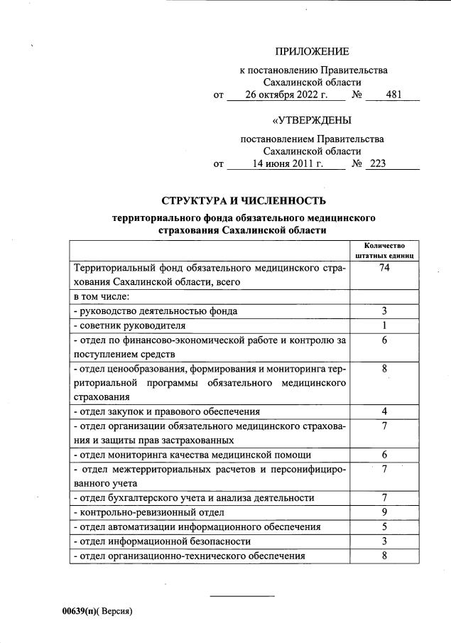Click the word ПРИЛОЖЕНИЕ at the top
[312, 51]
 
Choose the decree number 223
[378, 164]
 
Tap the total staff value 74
[384, 268]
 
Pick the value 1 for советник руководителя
[384, 325]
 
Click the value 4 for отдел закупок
[384, 411]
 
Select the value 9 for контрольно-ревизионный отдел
[384, 512]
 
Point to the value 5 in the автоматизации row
[384, 526]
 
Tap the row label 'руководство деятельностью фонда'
[156, 311]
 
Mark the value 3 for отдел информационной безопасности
[384, 541]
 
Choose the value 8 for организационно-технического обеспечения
[384, 556]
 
